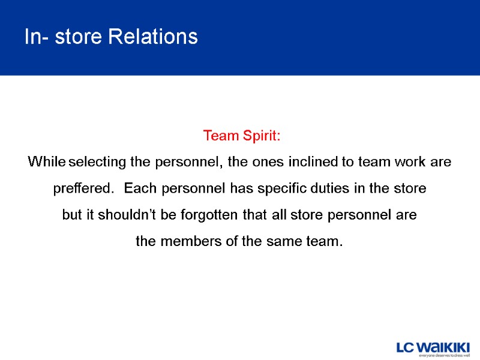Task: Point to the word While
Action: coord(47,163)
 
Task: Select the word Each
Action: coord(139,189)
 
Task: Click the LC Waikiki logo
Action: coord(433,347)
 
